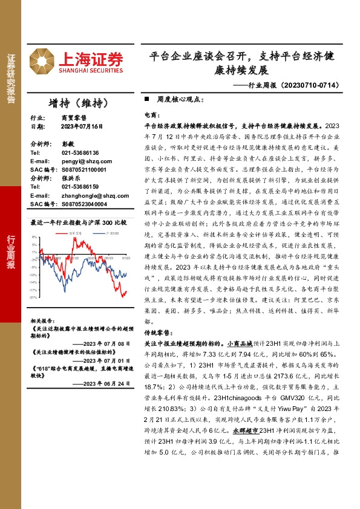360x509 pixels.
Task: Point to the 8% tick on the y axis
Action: (35, 237)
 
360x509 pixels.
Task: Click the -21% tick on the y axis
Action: (34, 297)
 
